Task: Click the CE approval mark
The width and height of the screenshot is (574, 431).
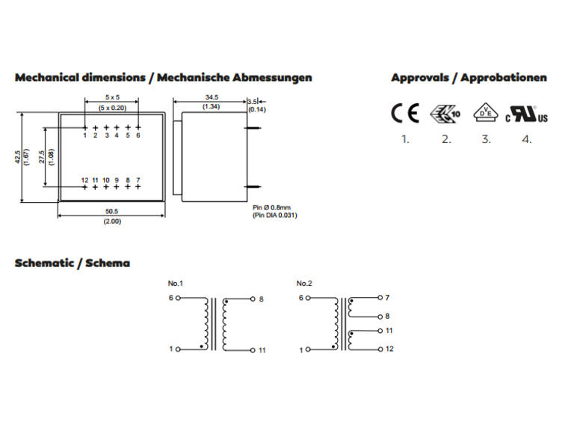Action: point(405,113)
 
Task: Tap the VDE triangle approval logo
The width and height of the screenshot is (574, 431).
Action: point(485,112)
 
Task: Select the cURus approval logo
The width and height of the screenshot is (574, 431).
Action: point(526,114)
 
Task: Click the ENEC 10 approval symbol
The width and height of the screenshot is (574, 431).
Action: point(445,114)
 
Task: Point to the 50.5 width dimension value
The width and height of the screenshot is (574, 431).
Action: point(111,212)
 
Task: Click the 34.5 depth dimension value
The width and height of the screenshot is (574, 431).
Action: point(212,97)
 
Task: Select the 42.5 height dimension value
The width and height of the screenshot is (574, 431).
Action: point(18,157)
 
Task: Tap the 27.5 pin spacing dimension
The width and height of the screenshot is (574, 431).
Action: point(42,157)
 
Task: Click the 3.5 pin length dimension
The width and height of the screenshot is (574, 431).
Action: point(252,102)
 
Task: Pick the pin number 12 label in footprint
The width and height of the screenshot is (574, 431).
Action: point(84,180)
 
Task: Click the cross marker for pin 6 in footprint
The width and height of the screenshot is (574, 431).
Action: point(138,127)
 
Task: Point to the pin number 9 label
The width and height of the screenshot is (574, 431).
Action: point(117,180)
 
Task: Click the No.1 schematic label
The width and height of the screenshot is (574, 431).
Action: point(176,284)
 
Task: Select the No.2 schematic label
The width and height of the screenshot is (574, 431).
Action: point(304,284)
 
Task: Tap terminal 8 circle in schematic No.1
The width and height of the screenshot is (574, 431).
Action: point(253,299)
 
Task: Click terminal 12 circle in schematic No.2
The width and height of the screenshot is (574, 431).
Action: point(380,349)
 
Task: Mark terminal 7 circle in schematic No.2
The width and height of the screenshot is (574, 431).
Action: point(380,298)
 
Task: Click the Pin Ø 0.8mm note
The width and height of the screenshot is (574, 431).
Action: point(271,207)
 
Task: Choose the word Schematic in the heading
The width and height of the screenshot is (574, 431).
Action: point(44,263)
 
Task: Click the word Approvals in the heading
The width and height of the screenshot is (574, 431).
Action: point(420,78)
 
